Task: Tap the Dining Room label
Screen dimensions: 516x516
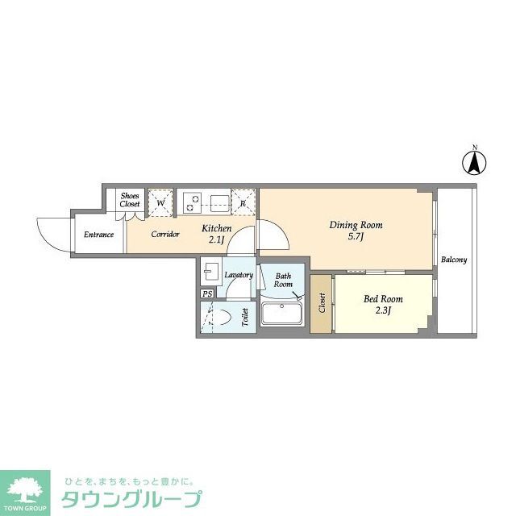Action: (355, 231)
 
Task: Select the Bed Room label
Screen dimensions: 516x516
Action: (383, 304)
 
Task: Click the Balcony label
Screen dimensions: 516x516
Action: (454, 260)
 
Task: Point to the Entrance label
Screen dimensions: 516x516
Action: (98, 235)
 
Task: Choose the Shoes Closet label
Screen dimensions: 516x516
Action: (130, 200)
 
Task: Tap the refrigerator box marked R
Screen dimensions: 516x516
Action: (244, 202)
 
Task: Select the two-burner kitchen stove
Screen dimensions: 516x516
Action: (190, 202)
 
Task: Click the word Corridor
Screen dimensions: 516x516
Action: (164, 235)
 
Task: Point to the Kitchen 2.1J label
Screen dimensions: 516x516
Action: (216, 234)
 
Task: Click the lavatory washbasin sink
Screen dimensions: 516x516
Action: (211, 271)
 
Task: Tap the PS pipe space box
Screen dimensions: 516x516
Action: (207, 293)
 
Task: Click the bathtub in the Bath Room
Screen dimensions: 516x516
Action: (281, 315)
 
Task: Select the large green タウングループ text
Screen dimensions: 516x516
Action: (128, 497)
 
